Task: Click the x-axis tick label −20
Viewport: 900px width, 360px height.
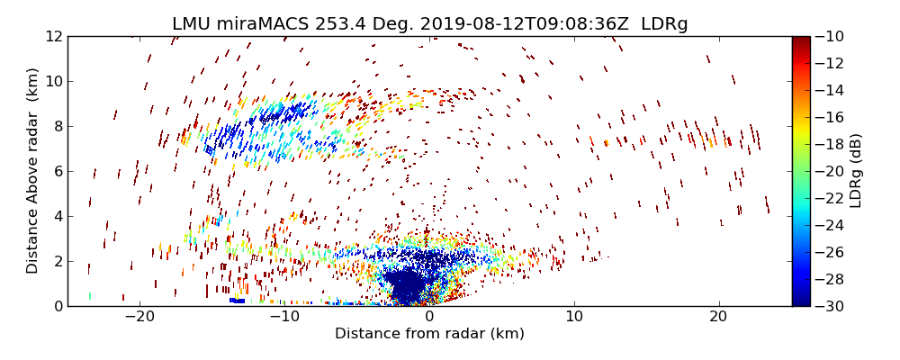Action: [x=139, y=317]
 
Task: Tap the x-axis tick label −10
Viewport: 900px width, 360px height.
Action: [x=284, y=317]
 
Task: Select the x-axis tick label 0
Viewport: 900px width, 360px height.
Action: [x=429, y=317]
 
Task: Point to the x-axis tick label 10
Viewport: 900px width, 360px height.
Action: [x=574, y=317]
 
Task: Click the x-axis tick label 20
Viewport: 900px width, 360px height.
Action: [x=718, y=317]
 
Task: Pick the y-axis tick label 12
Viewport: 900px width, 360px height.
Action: [x=51, y=37]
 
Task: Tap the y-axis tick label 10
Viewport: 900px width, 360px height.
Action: [x=51, y=82]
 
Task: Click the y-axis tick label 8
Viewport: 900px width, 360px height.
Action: [x=56, y=127]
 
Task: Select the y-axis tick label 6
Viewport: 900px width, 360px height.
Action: [x=56, y=172]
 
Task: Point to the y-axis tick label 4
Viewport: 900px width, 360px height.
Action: [x=56, y=217]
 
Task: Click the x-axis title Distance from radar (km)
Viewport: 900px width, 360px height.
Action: [x=429, y=334]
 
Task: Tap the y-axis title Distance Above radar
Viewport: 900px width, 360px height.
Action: [x=33, y=171]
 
